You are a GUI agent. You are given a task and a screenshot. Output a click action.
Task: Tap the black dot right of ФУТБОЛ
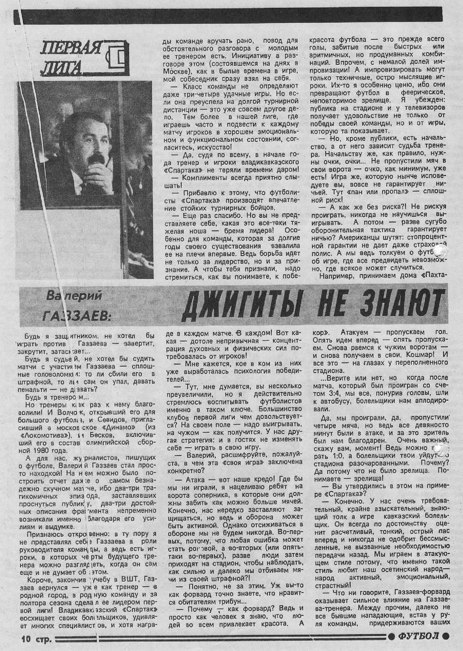[x=446, y=636]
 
